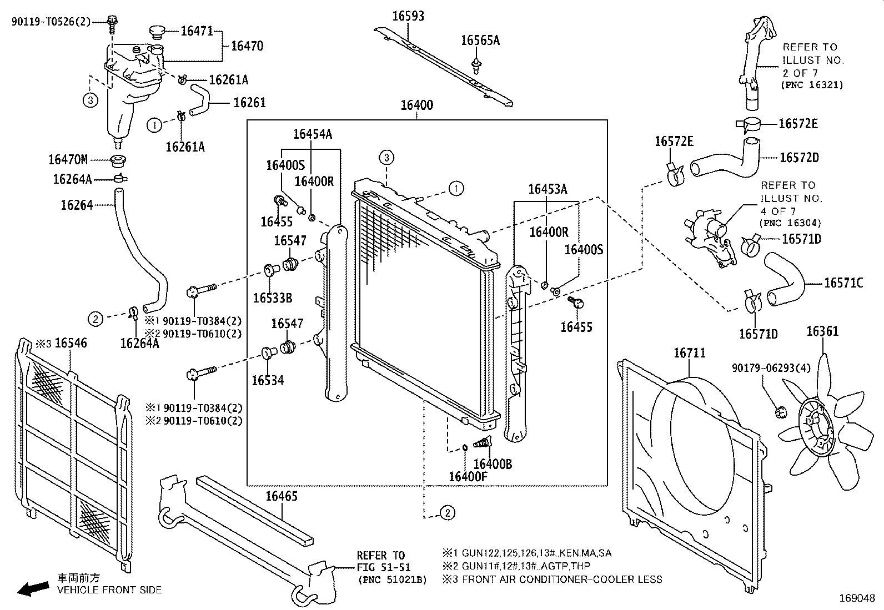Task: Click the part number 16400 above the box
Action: (x=417, y=105)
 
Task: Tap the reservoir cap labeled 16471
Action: (x=158, y=32)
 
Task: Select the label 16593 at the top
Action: (x=408, y=16)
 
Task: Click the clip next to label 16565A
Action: (x=477, y=66)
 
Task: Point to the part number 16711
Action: (x=690, y=353)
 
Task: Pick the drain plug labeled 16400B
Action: (x=482, y=442)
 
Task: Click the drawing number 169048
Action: (x=857, y=598)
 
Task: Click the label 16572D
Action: (x=799, y=158)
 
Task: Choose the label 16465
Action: (x=282, y=496)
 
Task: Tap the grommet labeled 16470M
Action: (x=118, y=161)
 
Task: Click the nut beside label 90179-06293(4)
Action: (x=781, y=413)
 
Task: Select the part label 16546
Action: (x=71, y=343)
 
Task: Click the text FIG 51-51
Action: (x=384, y=567)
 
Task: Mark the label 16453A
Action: (x=548, y=189)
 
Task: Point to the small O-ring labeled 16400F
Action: (x=465, y=447)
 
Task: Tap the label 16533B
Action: (x=272, y=298)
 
